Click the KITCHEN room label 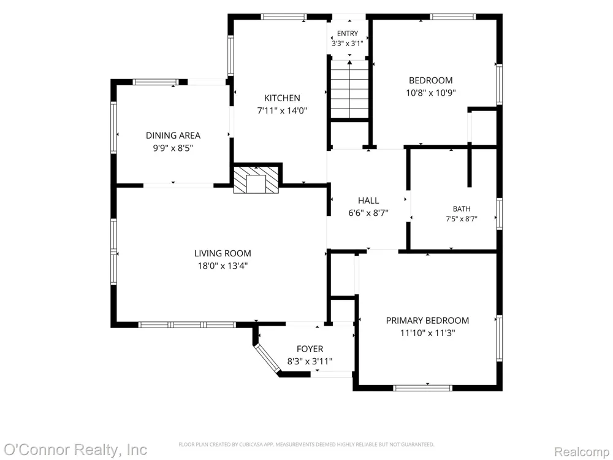click(x=282, y=98)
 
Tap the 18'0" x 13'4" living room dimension click(x=223, y=266)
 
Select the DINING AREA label click(x=173, y=136)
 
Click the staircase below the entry click(x=349, y=89)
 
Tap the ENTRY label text click(x=347, y=34)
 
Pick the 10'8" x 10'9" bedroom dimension click(x=430, y=93)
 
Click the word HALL click(x=368, y=201)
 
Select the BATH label click(x=462, y=209)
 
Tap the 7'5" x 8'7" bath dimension click(x=462, y=219)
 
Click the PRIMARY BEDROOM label click(x=427, y=321)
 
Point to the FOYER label click(x=310, y=349)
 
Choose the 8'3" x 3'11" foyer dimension click(x=310, y=361)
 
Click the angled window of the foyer click(x=267, y=359)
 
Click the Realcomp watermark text click(x=582, y=452)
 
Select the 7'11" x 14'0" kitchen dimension click(x=282, y=110)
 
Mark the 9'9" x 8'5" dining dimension click(x=173, y=148)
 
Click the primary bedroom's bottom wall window click(x=422, y=388)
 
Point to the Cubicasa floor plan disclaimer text click(x=306, y=444)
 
